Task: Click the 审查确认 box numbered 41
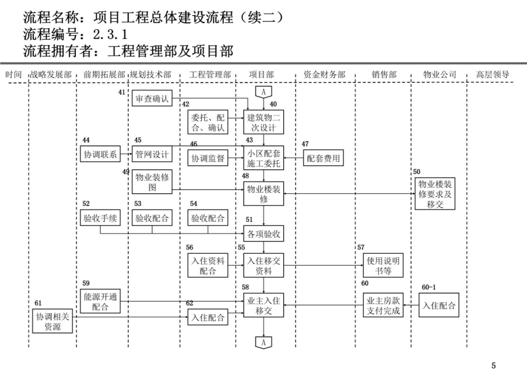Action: pos(152,98)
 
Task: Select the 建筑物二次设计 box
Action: pos(263,122)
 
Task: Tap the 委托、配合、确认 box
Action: pos(208,122)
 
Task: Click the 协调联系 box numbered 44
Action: pos(100,154)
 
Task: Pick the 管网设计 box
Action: pos(152,154)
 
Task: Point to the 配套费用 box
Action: pos(323,158)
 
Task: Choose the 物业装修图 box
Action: pos(152,182)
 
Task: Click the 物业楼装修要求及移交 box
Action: pos(435,194)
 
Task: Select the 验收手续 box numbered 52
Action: pos(100,218)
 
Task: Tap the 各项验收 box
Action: pos(263,234)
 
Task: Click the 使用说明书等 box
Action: pos(383,266)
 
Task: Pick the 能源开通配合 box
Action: pos(100,302)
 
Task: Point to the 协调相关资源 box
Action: pos(52,322)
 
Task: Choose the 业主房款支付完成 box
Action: pos(383,305)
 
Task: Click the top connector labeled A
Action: pos(263,92)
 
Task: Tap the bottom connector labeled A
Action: pos(263,343)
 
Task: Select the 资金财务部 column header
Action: pos(324,74)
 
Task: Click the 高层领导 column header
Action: pos(492,74)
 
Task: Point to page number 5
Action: pos(493,366)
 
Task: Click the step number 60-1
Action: pos(429,287)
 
